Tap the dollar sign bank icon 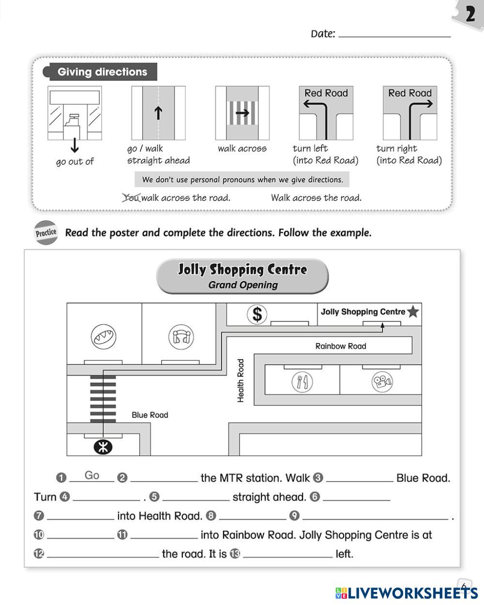point(257,314)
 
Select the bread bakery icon point(104,336)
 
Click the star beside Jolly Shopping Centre point(413,312)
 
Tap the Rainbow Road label point(341,346)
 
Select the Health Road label point(241,380)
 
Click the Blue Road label point(150,415)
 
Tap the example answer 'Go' point(92,475)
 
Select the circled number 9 point(294,516)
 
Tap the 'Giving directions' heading point(102,72)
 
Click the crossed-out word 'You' point(131,197)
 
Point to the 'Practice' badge point(46,233)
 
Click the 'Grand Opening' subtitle point(243,285)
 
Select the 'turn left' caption point(310,149)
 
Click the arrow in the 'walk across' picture point(242,113)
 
